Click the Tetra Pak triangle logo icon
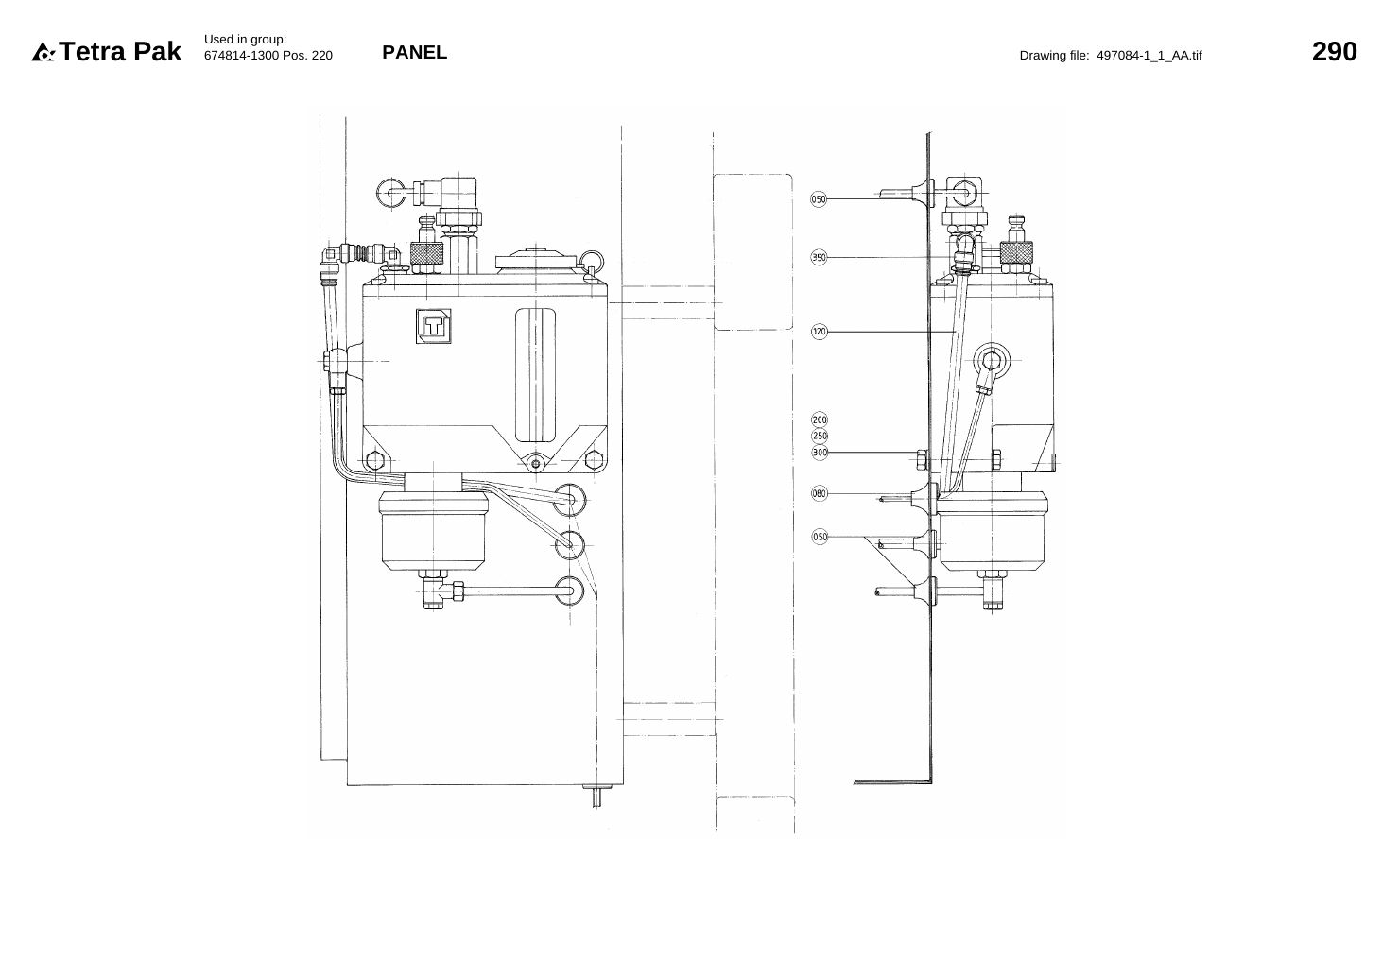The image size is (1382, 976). pos(43,52)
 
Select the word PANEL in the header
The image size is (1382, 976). pos(415,53)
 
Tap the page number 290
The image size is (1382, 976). pos(1334,52)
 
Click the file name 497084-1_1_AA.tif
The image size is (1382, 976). pos(1149,56)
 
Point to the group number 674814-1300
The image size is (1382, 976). pos(241,56)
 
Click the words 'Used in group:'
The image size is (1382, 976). pos(246,40)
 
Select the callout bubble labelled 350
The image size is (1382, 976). pos(819,258)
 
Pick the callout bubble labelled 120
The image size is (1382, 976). pos(819,332)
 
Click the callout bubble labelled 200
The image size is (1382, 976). pos(820,420)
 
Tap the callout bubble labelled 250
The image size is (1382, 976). pos(820,436)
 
